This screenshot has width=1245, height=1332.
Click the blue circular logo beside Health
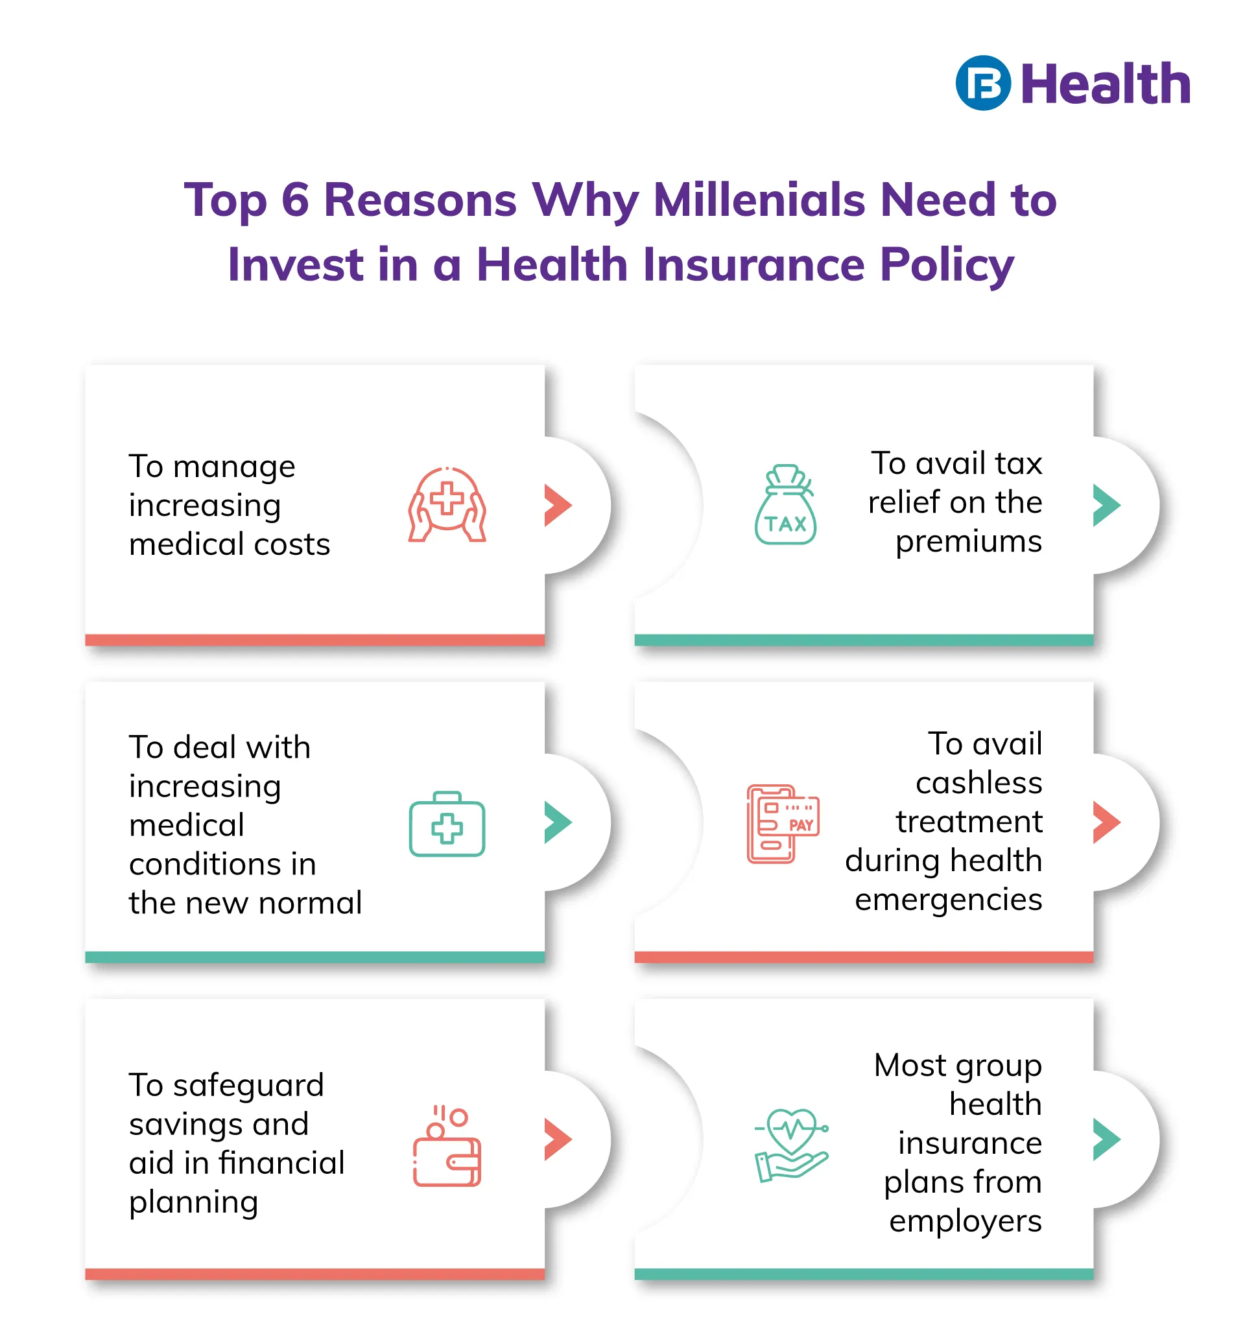click(x=983, y=83)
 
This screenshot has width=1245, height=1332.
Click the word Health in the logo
click(x=1106, y=84)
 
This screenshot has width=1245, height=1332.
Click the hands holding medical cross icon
click(x=447, y=504)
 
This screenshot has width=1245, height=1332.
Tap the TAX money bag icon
click(x=785, y=504)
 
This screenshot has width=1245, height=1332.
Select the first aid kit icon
click(x=447, y=823)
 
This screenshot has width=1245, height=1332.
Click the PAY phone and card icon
click(x=783, y=823)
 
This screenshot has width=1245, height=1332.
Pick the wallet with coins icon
click(x=447, y=1147)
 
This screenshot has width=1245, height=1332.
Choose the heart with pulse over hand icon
click(x=792, y=1146)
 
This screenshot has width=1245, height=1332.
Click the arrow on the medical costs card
click(x=558, y=504)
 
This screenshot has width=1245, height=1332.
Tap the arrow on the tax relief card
click(x=1107, y=504)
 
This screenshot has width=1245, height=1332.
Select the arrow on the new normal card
click(x=558, y=822)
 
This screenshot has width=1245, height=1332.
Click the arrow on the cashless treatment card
click(x=1107, y=822)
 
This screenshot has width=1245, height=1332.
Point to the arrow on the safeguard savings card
click(x=558, y=1139)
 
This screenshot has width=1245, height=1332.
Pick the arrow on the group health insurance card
click(x=1107, y=1139)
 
